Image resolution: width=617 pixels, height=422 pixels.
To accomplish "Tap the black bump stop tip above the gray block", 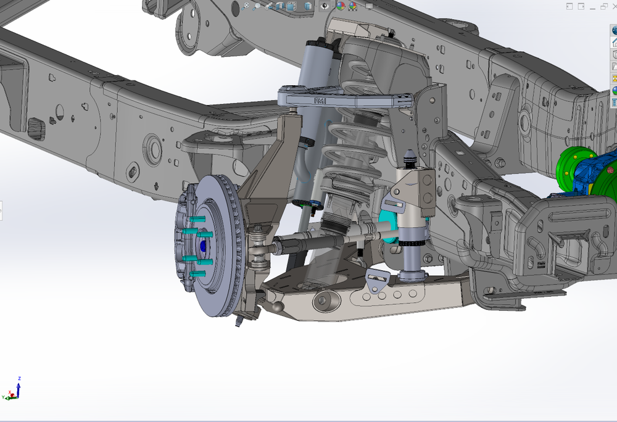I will coord(409,157).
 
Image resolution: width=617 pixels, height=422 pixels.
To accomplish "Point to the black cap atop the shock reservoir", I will coord(320,42).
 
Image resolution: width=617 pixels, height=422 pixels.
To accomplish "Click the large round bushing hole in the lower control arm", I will coord(321,302).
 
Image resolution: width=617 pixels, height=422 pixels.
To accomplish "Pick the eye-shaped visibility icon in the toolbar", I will coord(325,6).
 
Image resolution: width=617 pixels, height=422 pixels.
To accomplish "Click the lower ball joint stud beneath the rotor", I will coord(238,320).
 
